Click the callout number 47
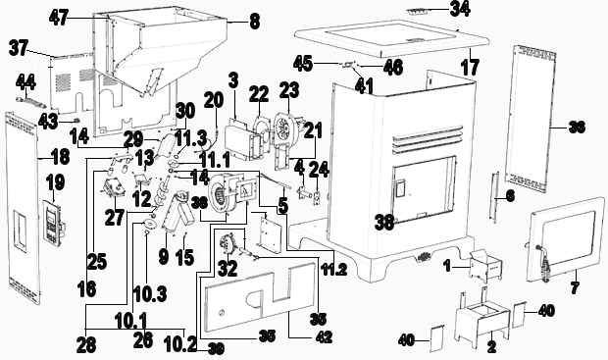60,17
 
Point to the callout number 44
28,78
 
